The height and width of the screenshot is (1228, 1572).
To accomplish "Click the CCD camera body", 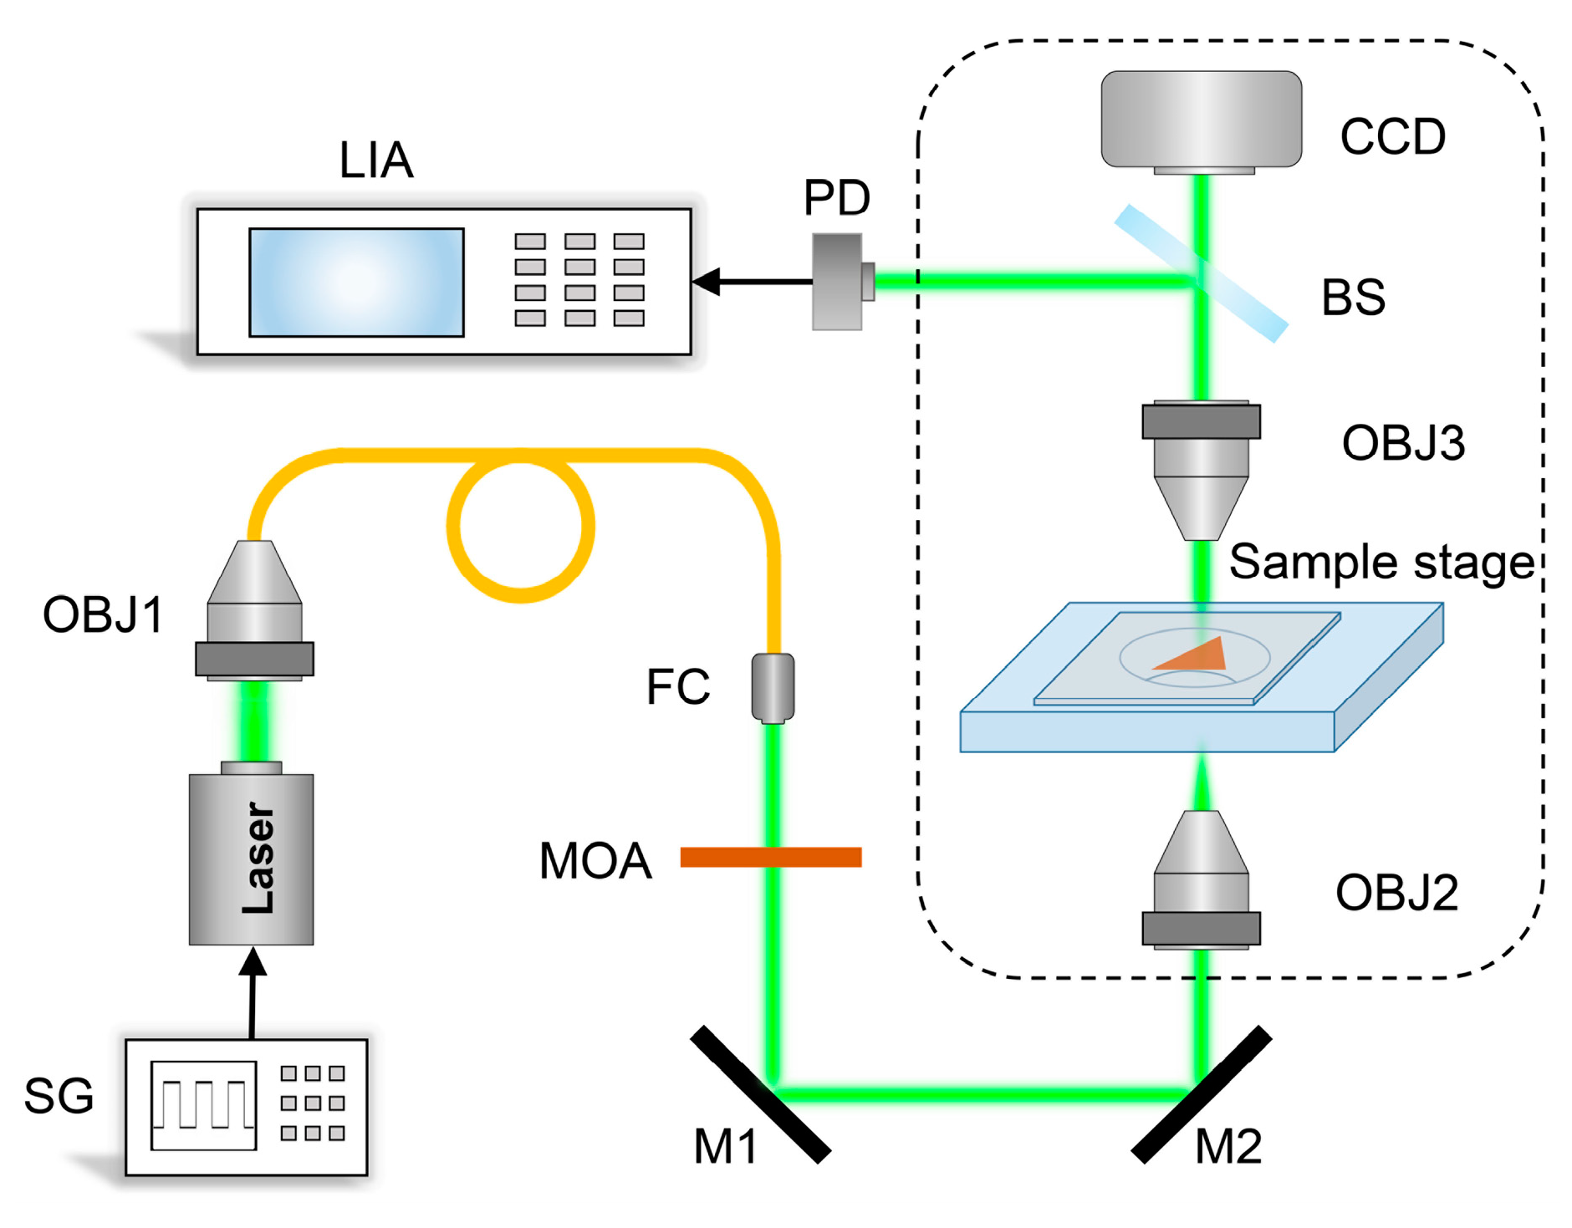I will (1200, 119).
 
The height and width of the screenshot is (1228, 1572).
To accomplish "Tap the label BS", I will (1352, 298).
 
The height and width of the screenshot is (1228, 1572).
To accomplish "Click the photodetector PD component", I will (840, 282).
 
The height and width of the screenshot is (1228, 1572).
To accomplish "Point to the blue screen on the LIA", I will (356, 283).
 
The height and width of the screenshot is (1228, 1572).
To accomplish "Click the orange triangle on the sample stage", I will (1196, 656).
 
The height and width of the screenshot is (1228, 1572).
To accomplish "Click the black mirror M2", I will (1201, 1095).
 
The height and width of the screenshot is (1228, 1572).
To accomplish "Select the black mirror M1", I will (760, 1095).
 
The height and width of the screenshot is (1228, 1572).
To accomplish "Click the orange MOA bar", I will (770, 857).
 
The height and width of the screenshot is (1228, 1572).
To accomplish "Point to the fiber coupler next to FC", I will (773, 687).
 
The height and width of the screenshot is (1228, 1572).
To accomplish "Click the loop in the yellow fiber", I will (520, 528).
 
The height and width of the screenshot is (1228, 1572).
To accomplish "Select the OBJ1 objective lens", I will (254, 610).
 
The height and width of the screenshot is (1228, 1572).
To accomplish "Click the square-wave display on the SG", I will (203, 1105).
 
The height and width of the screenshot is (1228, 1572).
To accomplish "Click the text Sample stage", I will (1381, 562).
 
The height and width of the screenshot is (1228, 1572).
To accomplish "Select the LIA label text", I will (375, 160).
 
